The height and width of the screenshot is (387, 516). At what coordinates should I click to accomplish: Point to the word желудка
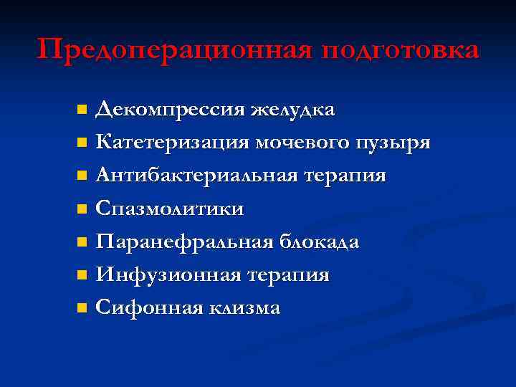(x=292, y=110)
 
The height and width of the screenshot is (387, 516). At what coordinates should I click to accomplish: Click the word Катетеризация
(x=172, y=143)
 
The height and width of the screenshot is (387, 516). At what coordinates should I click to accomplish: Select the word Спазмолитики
(x=170, y=209)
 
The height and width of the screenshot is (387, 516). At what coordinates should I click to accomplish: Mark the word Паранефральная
(x=184, y=242)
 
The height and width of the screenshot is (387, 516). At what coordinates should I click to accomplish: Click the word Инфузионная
(x=169, y=274)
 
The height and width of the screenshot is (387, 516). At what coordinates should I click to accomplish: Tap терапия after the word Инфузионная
(x=290, y=274)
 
